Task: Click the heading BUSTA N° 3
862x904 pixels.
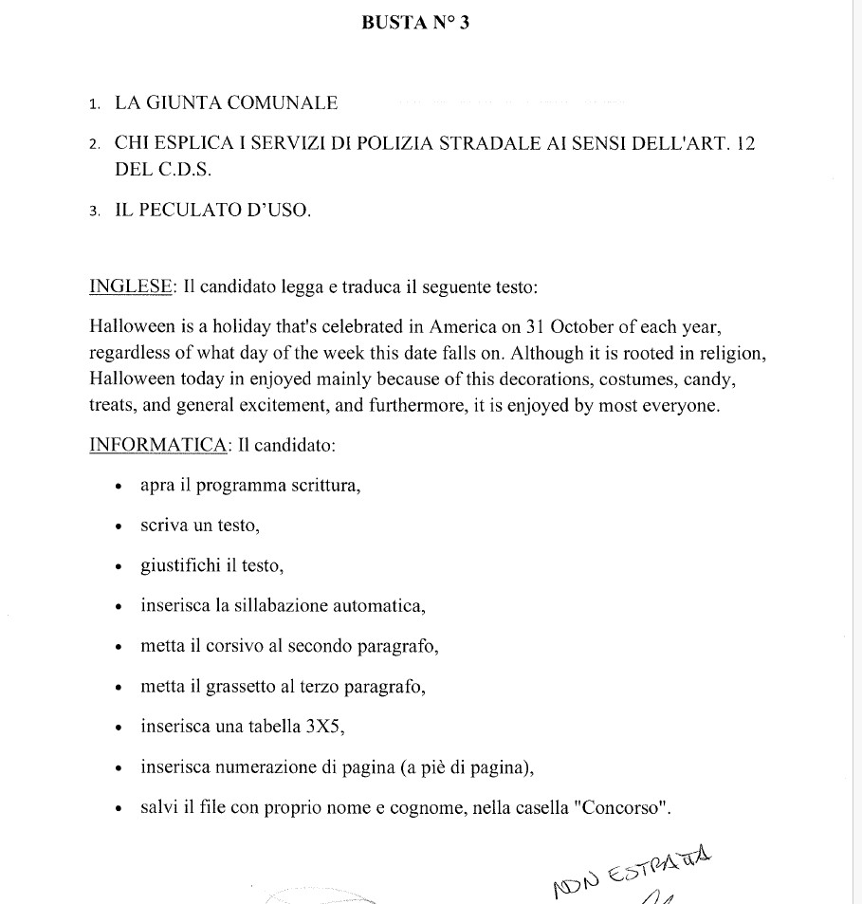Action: pyautogui.click(x=415, y=24)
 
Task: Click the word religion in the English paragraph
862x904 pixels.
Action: pyautogui.click(x=730, y=354)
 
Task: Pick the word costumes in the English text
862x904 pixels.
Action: pyautogui.click(x=625, y=379)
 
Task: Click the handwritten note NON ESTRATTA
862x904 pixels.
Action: pyautogui.click(x=631, y=872)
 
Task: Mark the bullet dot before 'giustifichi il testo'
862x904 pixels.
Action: pyautogui.click(x=119, y=567)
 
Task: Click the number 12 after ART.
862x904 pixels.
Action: pyautogui.click(x=745, y=144)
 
